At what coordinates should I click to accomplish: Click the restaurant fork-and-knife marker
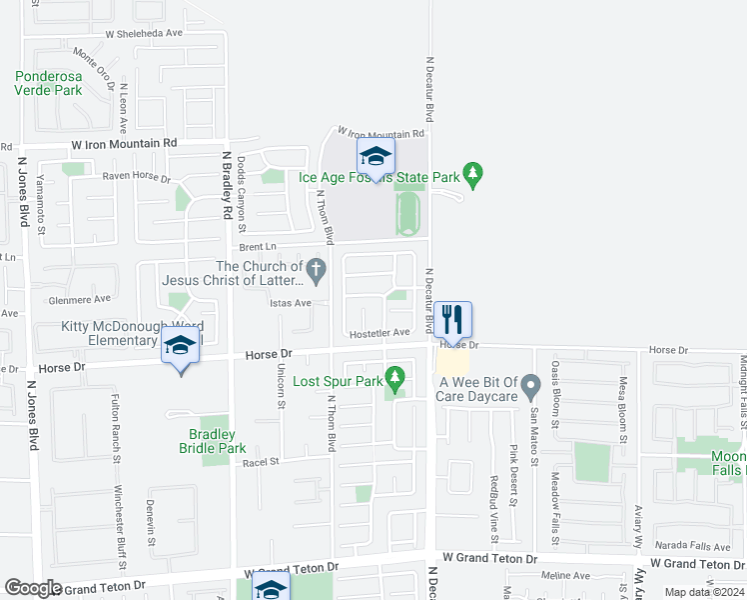[x=452, y=320]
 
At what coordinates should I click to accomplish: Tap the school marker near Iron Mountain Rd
[x=375, y=157]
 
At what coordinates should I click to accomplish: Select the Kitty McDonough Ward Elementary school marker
[x=180, y=347]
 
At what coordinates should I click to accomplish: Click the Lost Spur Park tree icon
[x=396, y=379]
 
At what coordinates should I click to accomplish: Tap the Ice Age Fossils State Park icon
[x=474, y=176]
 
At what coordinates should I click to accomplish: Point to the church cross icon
[x=317, y=268]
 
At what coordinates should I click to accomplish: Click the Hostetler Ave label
[x=379, y=332]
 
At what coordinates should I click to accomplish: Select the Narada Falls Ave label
[x=692, y=546]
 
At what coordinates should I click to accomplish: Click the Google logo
[x=34, y=588]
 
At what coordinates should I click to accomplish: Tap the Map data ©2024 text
[x=704, y=592]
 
